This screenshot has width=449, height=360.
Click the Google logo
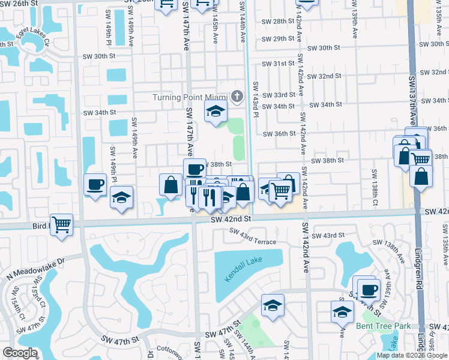pyautogui.click(x=20, y=352)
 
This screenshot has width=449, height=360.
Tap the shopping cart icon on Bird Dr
pyautogui.click(x=62, y=225)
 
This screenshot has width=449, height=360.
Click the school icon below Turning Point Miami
pyautogui.click(x=216, y=110)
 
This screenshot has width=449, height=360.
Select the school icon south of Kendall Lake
pyautogui.click(x=273, y=305)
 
